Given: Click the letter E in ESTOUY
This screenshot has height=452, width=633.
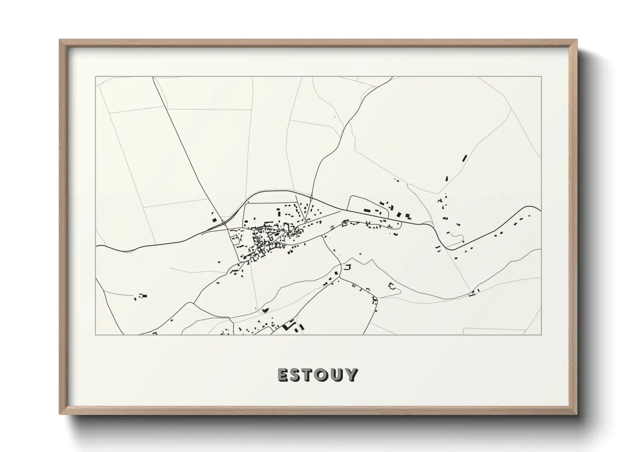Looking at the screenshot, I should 284,375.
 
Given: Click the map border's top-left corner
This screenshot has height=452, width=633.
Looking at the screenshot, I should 96,77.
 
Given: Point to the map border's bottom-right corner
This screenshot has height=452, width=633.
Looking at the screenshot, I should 541,335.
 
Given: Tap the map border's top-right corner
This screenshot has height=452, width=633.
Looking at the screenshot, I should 541,77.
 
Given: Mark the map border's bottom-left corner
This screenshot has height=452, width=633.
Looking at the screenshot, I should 96,335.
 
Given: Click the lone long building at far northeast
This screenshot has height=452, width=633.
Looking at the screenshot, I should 464,158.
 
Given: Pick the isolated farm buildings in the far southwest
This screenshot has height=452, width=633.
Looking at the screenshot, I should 142,296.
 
